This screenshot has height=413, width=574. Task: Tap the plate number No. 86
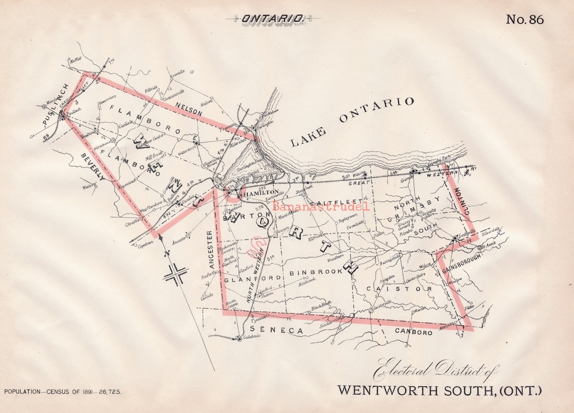point(525,20)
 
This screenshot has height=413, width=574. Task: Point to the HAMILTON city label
point(261,191)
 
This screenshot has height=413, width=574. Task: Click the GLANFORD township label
point(243,279)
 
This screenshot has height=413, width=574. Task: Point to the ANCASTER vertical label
point(210,249)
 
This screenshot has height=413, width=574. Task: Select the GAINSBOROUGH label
point(460,263)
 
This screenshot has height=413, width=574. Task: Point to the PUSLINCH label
point(55,105)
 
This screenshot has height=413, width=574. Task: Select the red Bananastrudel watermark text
point(320,206)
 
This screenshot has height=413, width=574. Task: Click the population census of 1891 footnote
point(63,391)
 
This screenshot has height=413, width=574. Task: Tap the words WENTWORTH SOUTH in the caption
point(416,390)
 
